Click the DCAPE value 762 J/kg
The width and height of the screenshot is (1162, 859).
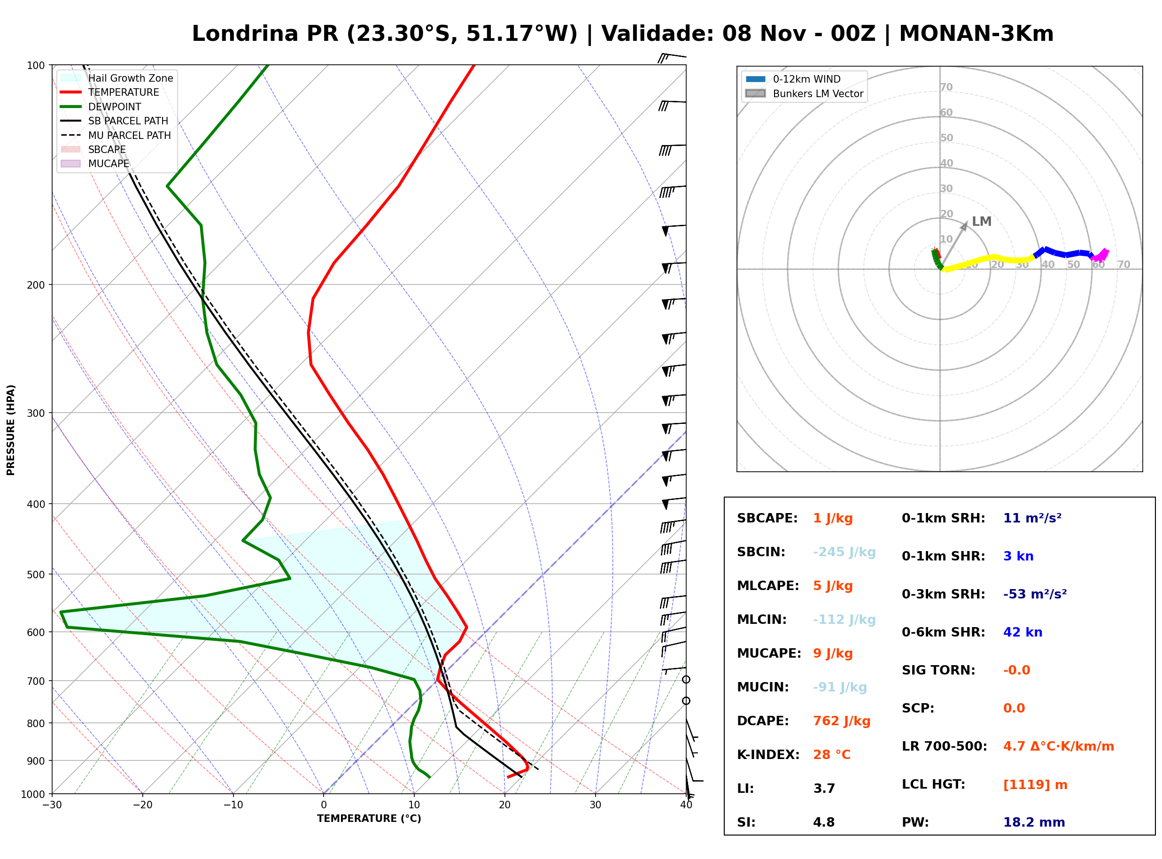pos(842,721)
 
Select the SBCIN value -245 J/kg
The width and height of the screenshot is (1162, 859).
pos(844,552)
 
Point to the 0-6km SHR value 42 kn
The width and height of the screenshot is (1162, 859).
pos(1023,632)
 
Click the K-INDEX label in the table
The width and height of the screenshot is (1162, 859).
pos(768,755)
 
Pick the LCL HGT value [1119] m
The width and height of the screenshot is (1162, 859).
pos(1035,785)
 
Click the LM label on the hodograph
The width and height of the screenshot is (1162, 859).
pos(982,222)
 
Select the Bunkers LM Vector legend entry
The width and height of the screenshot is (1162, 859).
pos(804,93)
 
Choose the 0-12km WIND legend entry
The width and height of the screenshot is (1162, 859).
pos(793,79)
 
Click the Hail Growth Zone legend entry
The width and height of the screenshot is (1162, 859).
pos(117,78)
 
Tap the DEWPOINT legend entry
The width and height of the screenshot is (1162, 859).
pos(101,107)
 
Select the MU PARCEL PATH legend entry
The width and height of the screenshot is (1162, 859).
pos(116,135)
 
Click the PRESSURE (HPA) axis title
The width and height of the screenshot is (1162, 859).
pos(11,429)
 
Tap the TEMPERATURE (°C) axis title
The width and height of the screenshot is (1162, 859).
pos(369,819)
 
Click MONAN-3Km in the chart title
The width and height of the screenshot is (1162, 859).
pos(976,34)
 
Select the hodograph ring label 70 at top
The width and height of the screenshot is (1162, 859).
pos(946,87)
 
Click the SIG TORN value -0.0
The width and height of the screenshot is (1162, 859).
pos(1016,670)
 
